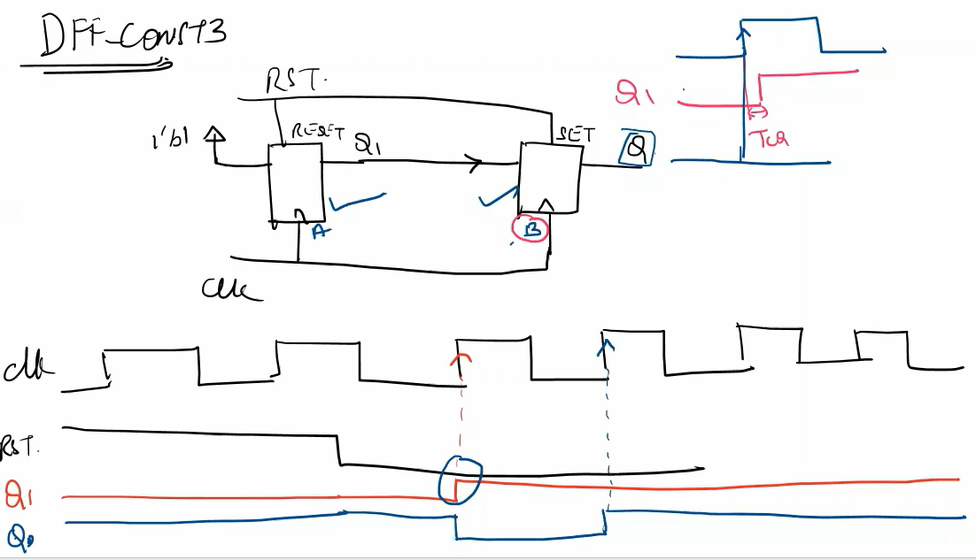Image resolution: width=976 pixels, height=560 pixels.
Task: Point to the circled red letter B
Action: [x=531, y=228]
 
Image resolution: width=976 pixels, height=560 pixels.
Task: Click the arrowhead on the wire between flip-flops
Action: [x=475, y=164]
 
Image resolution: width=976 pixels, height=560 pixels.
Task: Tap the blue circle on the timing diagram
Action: [x=460, y=479]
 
